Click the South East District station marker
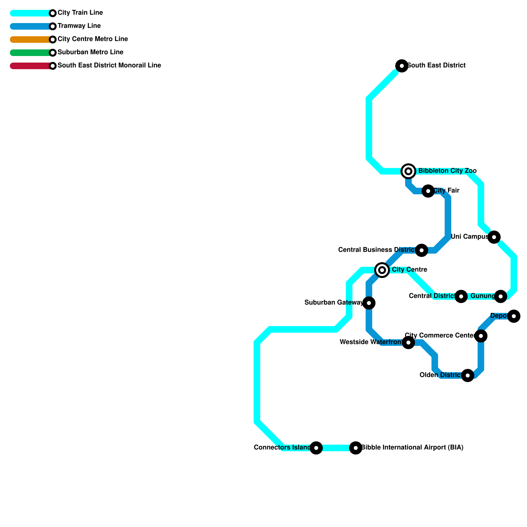[402, 66]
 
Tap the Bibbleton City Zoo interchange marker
[408, 171]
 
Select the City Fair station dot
[428, 191]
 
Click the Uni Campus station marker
[494, 237]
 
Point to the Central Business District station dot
[422, 250]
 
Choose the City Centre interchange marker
[382, 270]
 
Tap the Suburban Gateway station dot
[369, 303]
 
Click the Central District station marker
[461, 296]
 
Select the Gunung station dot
[501, 296]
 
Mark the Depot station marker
[514, 316]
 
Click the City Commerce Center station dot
[481, 336]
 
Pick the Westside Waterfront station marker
[408, 343]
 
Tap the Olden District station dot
[468, 375]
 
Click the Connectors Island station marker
[316, 448]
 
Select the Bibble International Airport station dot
[356, 448]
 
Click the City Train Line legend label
[80, 13]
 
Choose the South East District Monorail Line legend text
[109, 66]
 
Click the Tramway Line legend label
[79, 26]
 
